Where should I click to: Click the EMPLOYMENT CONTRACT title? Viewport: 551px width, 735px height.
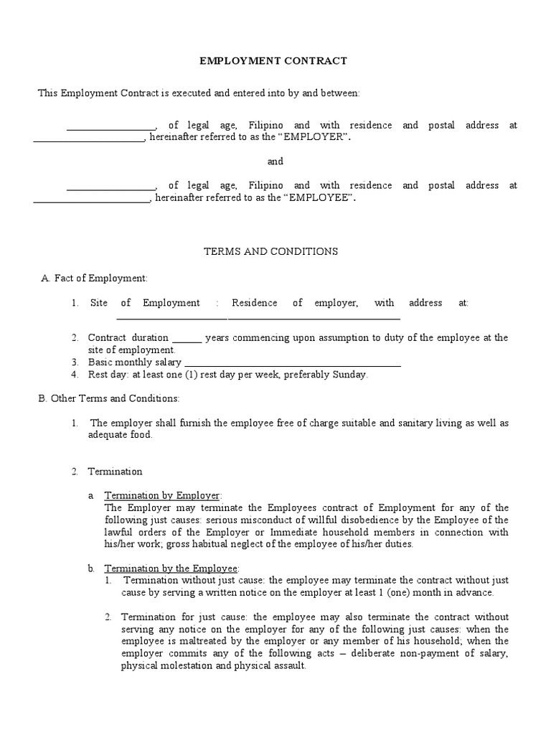pyautogui.click(x=273, y=61)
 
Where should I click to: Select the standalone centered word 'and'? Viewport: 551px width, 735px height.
pyautogui.click(x=275, y=161)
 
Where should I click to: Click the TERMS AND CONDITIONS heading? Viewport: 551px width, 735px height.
pyautogui.click(x=271, y=252)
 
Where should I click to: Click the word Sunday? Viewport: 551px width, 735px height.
pyautogui.click(x=350, y=375)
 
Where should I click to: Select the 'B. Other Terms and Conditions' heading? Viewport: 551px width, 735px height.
pyautogui.click(x=108, y=398)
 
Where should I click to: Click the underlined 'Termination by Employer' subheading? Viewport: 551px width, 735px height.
pyautogui.click(x=163, y=496)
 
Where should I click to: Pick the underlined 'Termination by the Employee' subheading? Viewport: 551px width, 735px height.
pyautogui.click(x=171, y=568)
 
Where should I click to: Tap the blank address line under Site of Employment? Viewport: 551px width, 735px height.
pyautogui.click(x=258, y=317)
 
